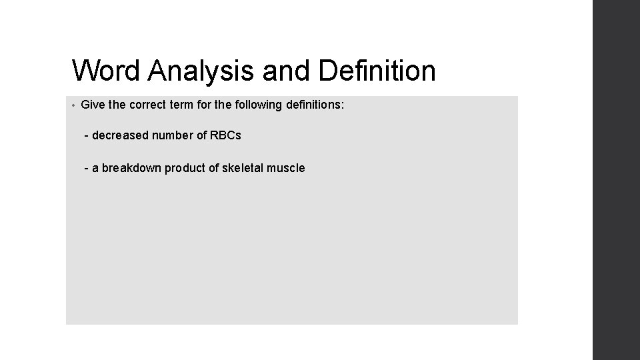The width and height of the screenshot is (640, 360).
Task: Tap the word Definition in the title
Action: point(377,71)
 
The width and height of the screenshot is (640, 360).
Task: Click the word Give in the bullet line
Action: point(93,105)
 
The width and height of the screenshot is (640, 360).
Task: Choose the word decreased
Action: point(121,135)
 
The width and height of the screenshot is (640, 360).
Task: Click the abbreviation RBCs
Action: point(225,135)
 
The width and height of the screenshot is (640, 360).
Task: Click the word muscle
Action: point(285,168)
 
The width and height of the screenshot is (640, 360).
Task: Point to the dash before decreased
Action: point(87,136)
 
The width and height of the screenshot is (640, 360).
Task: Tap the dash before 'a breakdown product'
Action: point(87,169)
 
